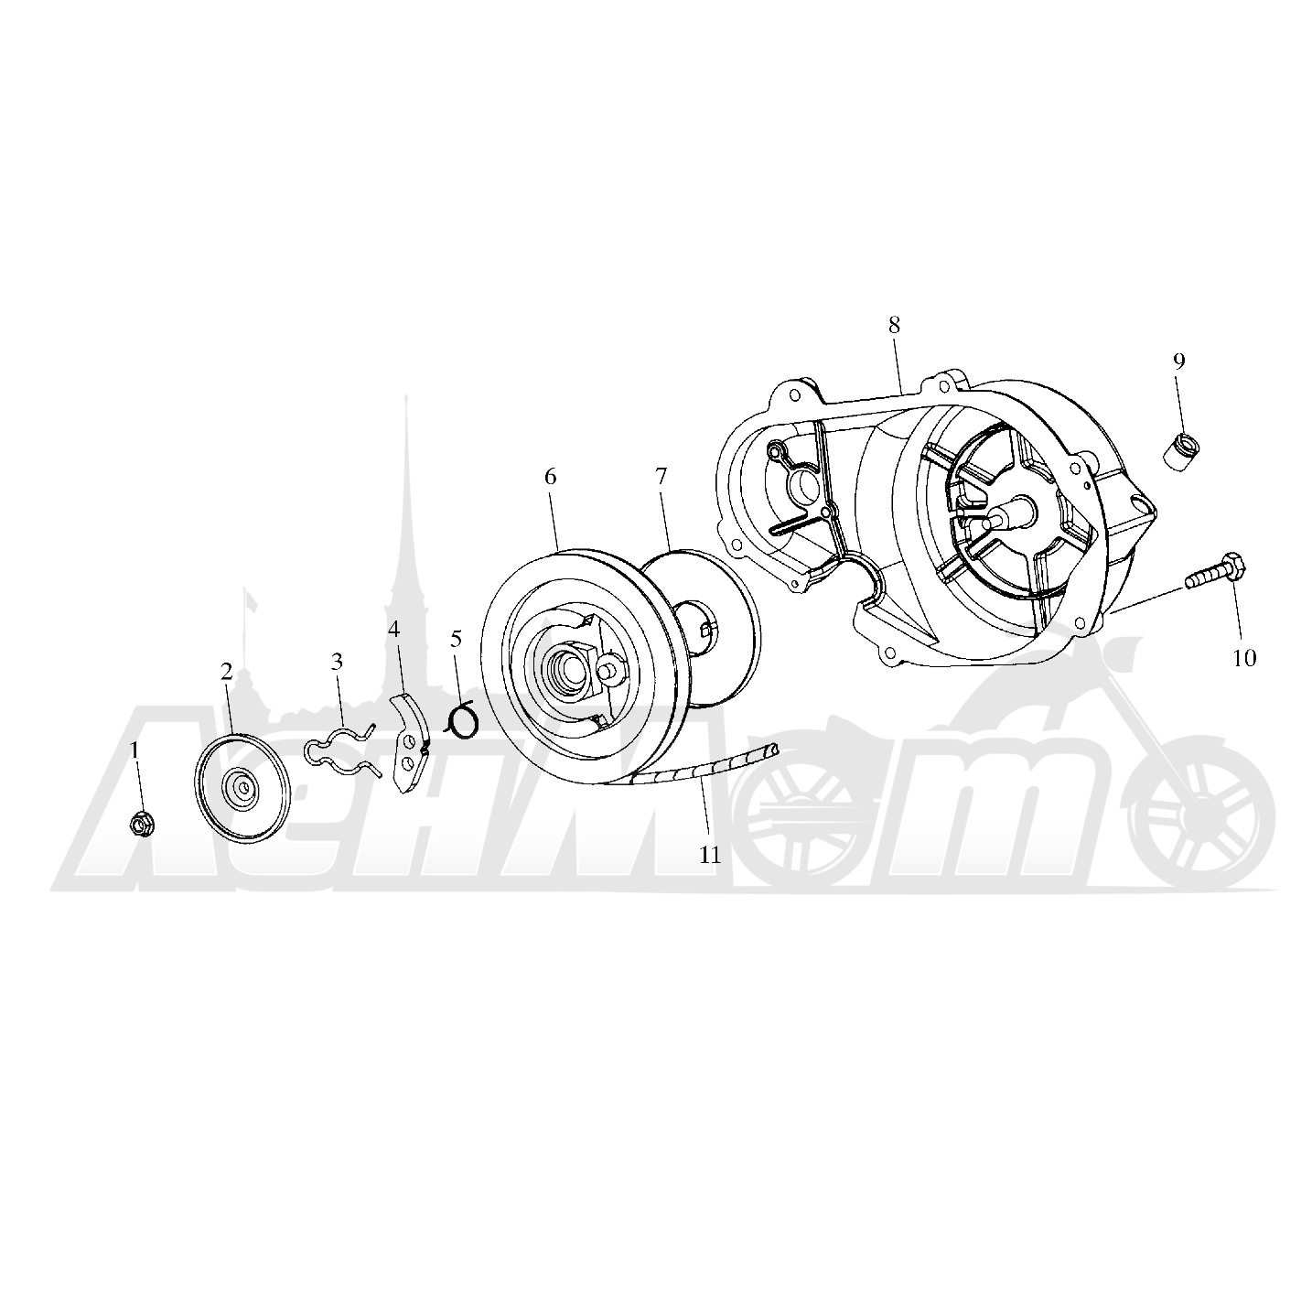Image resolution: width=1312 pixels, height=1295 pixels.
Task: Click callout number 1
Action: tap(134, 750)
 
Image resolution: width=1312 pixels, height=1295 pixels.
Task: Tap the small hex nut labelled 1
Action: tap(140, 826)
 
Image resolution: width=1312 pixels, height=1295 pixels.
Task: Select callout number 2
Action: tap(227, 672)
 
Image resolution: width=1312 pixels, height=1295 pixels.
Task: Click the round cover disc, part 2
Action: tap(242, 787)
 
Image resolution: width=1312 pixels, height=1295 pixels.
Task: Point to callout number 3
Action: tap(337, 662)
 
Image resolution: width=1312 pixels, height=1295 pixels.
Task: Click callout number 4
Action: tap(393, 629)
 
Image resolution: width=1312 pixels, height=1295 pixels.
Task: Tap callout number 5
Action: tap(457, 639)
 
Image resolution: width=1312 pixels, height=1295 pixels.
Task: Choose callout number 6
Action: tap(550, 478)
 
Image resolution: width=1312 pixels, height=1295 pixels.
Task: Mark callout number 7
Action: tap(661, 476)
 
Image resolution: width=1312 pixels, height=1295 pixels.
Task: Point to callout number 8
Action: tap(894, 325)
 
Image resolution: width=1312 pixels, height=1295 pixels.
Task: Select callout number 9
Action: tap(1178, 362)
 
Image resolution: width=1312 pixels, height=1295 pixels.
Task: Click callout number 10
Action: tap(1244, 658)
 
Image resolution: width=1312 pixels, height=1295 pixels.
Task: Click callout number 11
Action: tap(709, 855)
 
